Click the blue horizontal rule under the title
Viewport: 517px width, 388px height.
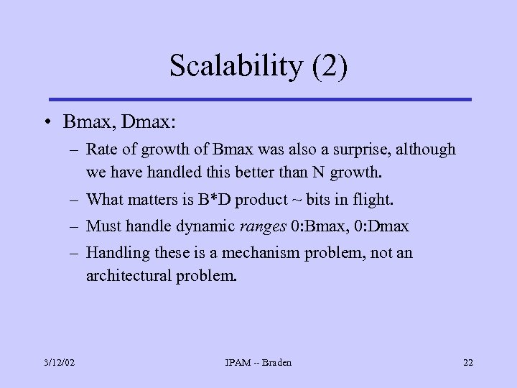pos(259,99)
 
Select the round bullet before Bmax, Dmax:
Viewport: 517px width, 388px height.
pos(46,123)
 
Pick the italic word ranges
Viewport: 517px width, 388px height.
pos(263,227)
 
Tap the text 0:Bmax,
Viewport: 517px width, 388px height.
pos(320,227)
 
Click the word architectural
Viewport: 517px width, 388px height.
pos(129,276)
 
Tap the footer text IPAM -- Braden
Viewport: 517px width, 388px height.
pos(258,363)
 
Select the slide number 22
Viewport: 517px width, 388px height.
pos(467,363)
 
